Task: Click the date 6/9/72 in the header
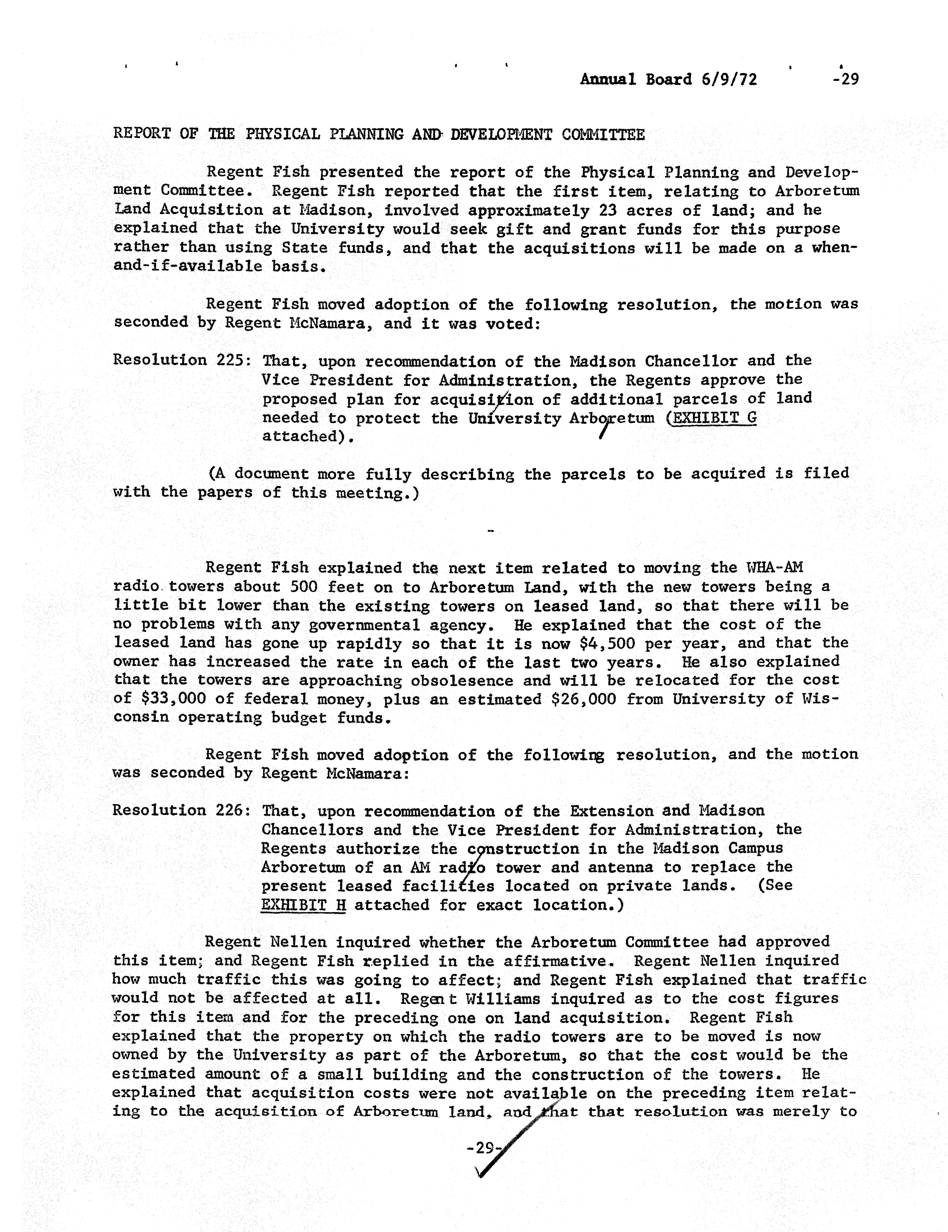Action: pos(729,80)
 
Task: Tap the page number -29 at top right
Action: pos(845,80)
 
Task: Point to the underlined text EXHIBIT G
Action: pos(711,418)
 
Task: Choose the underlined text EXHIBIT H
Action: pos(303,905)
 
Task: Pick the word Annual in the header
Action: pos(608,80)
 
